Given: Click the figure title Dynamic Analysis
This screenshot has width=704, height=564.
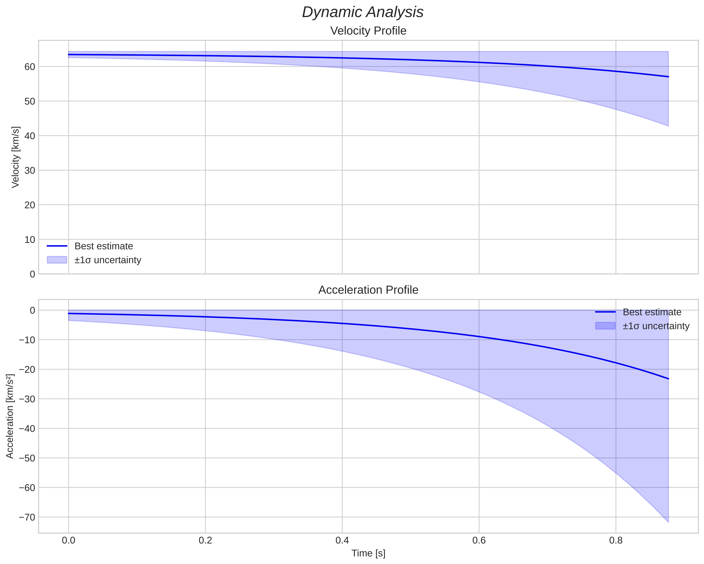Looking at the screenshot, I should pyautogui.click(x=362, y=12).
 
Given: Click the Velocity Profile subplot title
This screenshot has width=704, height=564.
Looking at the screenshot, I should pyautogui.click(x=368, y=31).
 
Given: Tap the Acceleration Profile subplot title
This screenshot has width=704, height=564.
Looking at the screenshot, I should pyautogui.click(x=368, y=290).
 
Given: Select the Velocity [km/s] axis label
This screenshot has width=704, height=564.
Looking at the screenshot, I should pyautogui.click(x=15, y=157).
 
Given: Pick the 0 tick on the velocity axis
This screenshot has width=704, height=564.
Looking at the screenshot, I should pyautogui.click(x=32, y=274).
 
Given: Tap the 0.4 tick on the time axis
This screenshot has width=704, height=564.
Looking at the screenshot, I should pyautogui.click(x=342, y=541).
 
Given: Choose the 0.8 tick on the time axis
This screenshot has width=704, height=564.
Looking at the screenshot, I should pyautogui.click(x=616, y=541).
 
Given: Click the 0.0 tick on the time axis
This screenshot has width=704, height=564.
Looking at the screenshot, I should pyautogui.click(x=69, y=541).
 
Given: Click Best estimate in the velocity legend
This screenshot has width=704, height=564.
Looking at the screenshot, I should pyautogui.click(x=104, y=246).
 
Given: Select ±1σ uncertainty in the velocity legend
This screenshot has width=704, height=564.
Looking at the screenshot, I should pyautogui.click(x=108, y=260).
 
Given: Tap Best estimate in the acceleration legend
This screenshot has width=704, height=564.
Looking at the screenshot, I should pyautogui.click(x=652, y=312).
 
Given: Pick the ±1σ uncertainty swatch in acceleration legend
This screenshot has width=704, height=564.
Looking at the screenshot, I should pyautogui.click(x=605, y=326).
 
